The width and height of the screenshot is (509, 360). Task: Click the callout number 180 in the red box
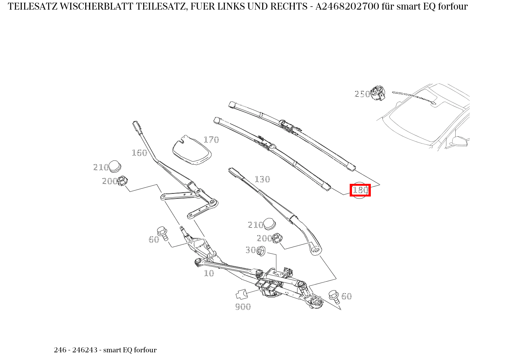[360, 190]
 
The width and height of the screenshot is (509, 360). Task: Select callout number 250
[362, 94]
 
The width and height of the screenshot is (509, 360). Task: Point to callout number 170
[211, 140]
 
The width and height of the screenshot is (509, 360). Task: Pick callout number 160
[139, 153]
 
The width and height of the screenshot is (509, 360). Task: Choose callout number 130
[262, 179]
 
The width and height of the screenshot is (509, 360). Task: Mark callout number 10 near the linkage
[209, 273]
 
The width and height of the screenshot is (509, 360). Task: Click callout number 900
[243, 307]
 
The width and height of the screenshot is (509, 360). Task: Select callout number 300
[251, 250]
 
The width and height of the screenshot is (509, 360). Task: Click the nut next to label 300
[261, 251]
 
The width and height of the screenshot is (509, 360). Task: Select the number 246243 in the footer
[85, 350]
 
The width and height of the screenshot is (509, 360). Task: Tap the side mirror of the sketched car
[459, 141]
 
